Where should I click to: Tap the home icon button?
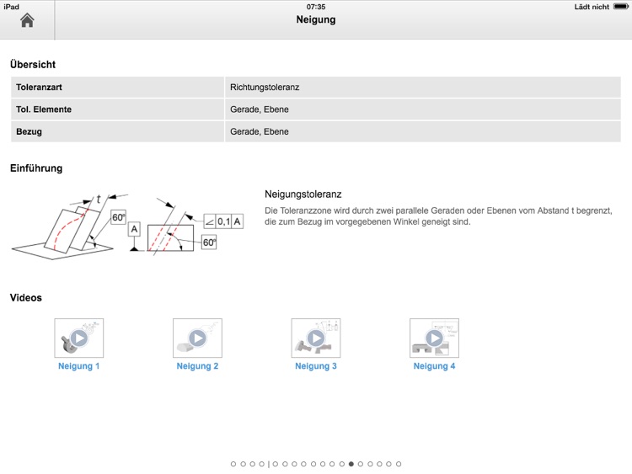27,20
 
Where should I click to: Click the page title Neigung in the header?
316,19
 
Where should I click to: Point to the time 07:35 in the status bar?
316,7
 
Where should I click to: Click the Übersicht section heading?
33,64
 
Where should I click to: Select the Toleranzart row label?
39,87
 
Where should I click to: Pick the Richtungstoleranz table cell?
265,87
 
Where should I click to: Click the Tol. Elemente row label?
44,109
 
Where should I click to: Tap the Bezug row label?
29,131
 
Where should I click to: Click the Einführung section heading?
36,168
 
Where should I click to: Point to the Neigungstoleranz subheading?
303,194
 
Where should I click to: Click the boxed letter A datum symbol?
134,228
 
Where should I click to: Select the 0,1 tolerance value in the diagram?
223,221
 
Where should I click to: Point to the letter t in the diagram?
99,200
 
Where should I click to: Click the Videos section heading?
26,297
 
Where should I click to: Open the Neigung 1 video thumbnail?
78,338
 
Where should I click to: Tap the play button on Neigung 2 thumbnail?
197,338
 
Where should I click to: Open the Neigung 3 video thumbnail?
316,338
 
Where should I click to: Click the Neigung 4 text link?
435,366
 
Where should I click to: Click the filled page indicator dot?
351,464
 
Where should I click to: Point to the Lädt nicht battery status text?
592,7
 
